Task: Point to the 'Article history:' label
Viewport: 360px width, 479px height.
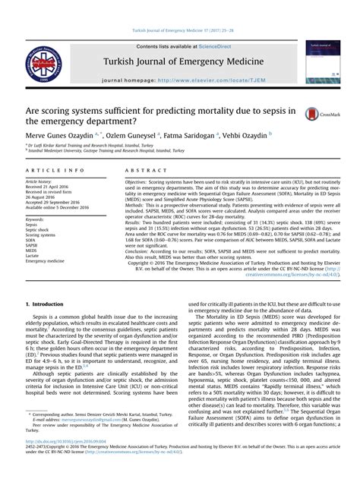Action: (x=41, y=182)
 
